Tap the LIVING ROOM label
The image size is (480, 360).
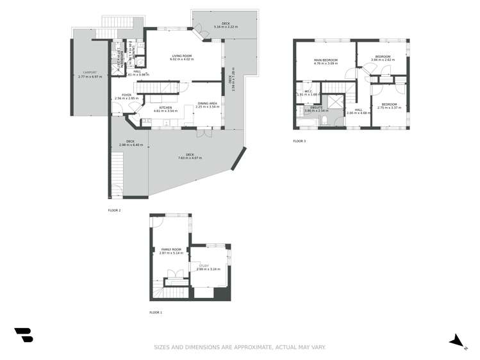pyautogui.click(x=182, y=56)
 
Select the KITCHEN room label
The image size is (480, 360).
pyautogui.click(x=165, y=108)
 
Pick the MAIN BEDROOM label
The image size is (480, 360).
pyautogui.click(x=325, y=60)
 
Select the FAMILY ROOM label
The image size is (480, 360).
pyautogui.click(x=171, y=249)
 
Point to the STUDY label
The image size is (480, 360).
pyautogui.click(x=204, y=265)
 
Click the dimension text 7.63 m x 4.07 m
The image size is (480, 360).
pyautogui.click(x=190, y=158)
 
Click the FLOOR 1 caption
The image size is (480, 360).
pyautogui.click(x=156, y=313)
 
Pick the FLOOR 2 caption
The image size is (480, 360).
pyautogui.click(x=114, y=210)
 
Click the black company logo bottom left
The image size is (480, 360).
pyautogui.click(x=24, y=335)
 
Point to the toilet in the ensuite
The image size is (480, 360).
pyautogui.click(x=326, y=120)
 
